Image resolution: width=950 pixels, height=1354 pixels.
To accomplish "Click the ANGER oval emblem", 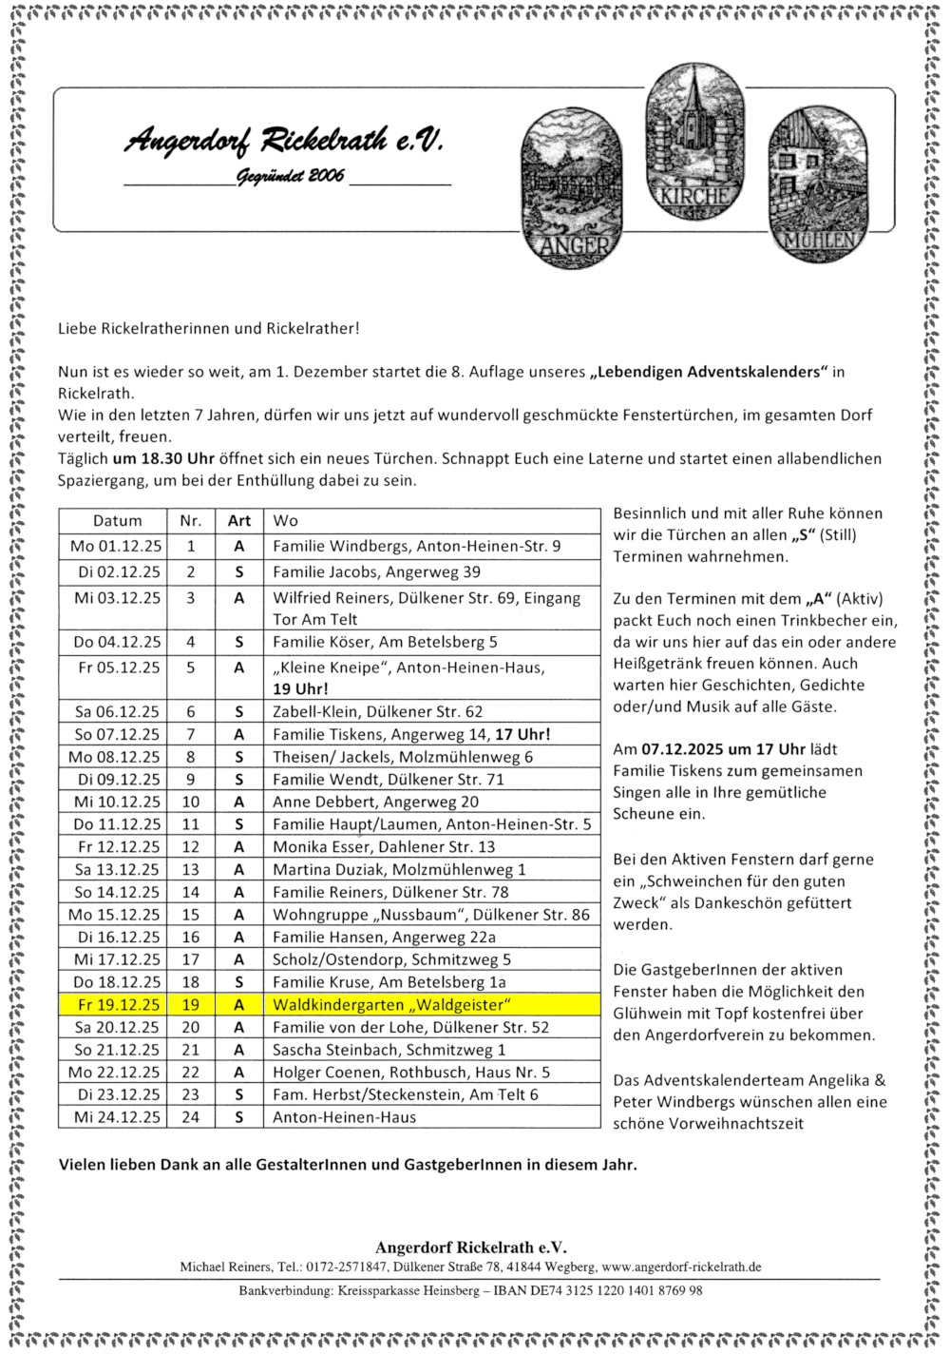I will pos(572,187).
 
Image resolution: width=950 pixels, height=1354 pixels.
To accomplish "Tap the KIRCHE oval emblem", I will pos(694,143).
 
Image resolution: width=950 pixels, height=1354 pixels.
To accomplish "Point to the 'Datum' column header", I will pos(117,521).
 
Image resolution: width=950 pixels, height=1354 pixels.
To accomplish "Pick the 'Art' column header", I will pos(239,521).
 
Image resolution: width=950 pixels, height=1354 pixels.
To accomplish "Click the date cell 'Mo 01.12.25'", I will pos(116,547).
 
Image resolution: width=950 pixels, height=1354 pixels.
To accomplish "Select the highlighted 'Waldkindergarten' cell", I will pos(391,1005).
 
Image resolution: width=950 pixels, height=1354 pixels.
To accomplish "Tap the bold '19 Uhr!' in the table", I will pos(300,689).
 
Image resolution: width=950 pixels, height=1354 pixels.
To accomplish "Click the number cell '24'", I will pos(191,1117).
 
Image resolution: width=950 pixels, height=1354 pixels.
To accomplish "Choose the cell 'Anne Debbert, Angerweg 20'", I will pos(375,802).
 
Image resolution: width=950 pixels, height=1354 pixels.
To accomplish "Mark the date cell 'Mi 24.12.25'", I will pos(117,1117).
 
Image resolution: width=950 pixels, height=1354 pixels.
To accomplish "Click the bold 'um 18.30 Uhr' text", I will pos(163,458).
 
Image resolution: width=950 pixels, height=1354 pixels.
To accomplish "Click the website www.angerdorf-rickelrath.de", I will pos(681,1267).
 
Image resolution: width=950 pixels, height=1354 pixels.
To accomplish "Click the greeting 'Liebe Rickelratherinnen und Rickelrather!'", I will pos(209,329).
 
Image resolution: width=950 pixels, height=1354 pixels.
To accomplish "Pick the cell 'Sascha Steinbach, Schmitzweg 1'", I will pos(389,1050).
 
